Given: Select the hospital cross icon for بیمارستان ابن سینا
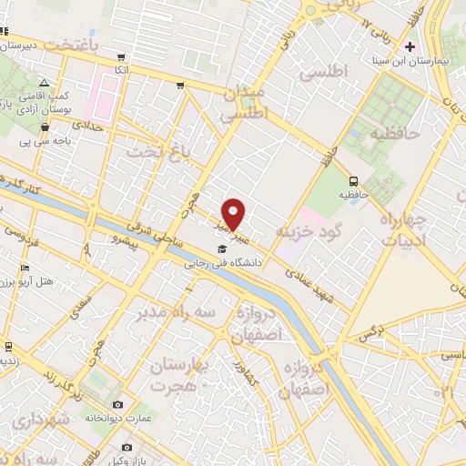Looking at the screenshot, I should point(410,46).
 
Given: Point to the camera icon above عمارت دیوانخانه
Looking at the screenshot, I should point(117,404).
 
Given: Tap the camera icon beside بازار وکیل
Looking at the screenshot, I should point(127,447).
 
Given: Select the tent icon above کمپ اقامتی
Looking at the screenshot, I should point(45,83).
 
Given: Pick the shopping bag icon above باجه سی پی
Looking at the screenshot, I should point(45,127).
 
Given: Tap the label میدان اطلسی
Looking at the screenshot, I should point(244,104).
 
